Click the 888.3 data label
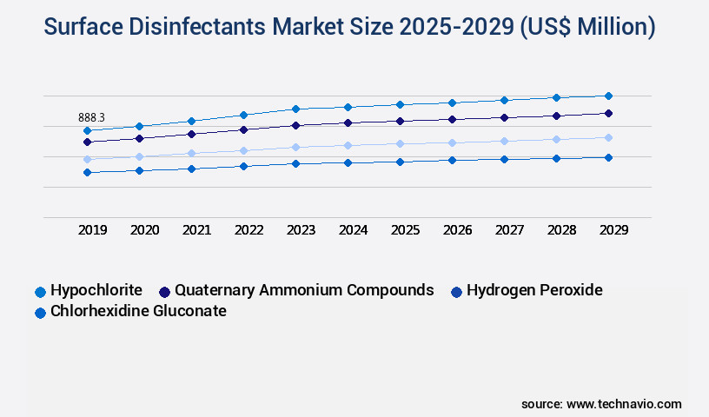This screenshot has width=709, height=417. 91,117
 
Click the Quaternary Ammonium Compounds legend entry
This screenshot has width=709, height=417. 295,290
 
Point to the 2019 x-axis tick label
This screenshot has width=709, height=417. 93,230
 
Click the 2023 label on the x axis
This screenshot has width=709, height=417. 301,230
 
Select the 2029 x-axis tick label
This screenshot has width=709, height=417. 613,230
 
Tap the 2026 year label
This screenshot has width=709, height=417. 457,230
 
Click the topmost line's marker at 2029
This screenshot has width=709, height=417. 608,96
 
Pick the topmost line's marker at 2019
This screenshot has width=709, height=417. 87,130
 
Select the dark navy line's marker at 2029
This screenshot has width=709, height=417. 608,113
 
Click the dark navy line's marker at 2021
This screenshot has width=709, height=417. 191,134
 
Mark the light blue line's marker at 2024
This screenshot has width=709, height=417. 348,145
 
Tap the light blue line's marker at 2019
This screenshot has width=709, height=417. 87,159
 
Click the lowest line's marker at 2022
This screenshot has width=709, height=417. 243,166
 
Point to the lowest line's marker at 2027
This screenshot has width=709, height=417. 504,159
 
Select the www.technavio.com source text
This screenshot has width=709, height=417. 624,404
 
